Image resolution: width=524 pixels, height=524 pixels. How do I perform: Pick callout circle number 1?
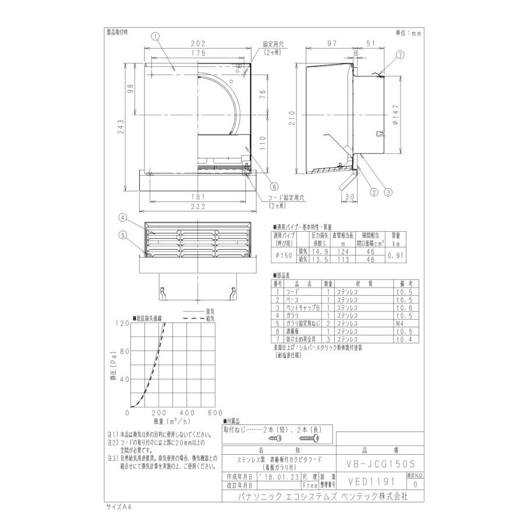(155, 36)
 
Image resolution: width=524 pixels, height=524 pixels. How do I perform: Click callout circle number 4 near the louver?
(123, 218)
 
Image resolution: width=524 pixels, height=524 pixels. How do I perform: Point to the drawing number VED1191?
(371, 481)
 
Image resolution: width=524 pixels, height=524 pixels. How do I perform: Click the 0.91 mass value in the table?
(395, 255)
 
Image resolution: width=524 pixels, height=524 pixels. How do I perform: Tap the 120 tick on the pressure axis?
(123, 324)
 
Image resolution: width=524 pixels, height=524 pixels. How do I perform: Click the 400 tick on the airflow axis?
(186, 413)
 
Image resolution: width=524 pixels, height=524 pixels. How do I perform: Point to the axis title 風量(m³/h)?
(172, 420)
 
